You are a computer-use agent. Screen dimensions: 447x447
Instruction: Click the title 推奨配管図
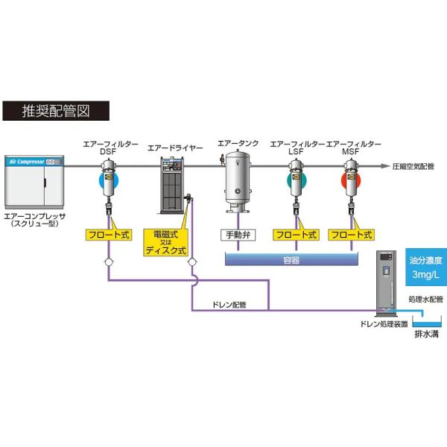(57, 111)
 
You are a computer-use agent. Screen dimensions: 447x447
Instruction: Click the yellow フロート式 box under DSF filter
(109, 235)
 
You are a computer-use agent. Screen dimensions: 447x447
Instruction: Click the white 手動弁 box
(239, 235)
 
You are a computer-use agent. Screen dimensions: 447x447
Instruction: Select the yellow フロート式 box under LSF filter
(296, 235)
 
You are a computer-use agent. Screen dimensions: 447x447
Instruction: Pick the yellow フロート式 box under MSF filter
(352, 235)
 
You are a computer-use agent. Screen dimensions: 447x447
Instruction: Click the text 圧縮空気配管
(413, 167)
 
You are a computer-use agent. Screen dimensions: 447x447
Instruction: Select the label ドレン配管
(230, 304)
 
